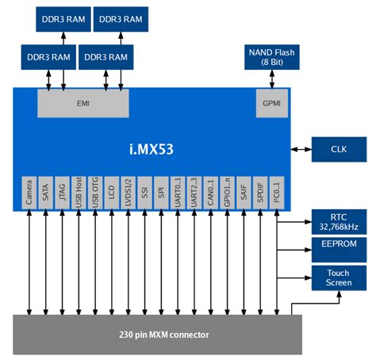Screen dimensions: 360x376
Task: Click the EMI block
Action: [x=82, y=103]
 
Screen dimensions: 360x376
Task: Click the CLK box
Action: [x=338, y=148]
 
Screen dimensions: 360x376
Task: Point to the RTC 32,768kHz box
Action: [x=338, y=221]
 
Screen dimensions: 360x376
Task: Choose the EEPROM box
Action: [x=338, y=248]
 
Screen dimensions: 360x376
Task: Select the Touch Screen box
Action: [x=338, y=278]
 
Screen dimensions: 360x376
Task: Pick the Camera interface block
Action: [x=29, y=193]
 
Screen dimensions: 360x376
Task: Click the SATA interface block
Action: [x=45, y=193]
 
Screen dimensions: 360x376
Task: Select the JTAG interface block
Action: [x=62, y=193]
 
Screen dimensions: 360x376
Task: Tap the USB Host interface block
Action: [x=79, y=193]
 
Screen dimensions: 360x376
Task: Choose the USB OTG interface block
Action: [x=95, y=193]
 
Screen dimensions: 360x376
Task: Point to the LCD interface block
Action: [x=112, y=193]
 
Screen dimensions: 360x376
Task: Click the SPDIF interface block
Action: [x=259, y=193]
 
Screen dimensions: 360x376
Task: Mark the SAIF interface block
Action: [x=244, y=193]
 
